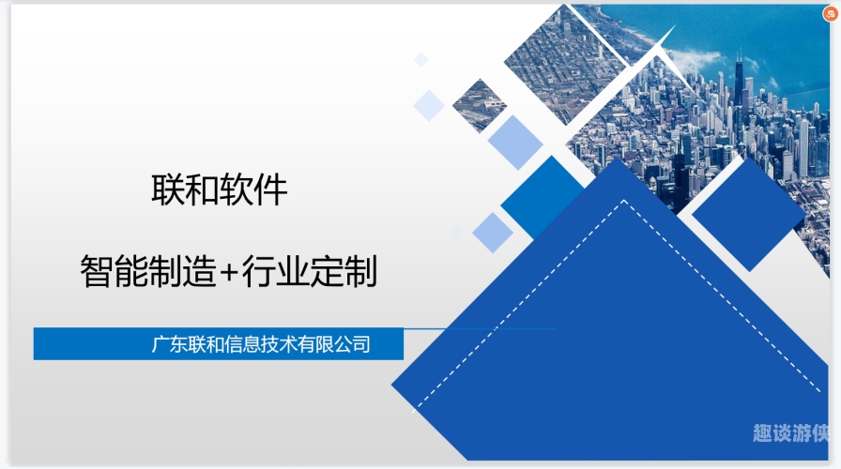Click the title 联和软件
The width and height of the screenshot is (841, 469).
coord(220,189)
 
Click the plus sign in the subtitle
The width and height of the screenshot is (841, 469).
coord(228,272)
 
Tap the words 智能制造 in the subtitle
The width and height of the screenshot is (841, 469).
coord(148,271)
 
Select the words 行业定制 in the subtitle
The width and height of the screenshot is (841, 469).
coord(310,271)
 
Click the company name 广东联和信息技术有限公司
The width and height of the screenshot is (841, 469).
coord(261,344)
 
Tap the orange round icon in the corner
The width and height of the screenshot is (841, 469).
coord(831,14)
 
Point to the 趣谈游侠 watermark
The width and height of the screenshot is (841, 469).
coord(790,433)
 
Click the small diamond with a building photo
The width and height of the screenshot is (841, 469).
coord(479,106)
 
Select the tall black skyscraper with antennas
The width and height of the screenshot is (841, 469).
coord(740,81)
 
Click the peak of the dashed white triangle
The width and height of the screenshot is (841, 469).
coord(624,201)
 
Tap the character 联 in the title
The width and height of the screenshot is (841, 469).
coord(167,189)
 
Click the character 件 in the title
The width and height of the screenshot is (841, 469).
coord(271,189)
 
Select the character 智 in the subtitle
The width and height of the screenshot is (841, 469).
coord(97,271)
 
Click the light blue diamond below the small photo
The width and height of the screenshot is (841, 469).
coord(515,142)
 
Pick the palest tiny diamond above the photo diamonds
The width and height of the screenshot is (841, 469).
coord(421,59)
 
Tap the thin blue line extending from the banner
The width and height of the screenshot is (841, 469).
coord(480,328)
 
